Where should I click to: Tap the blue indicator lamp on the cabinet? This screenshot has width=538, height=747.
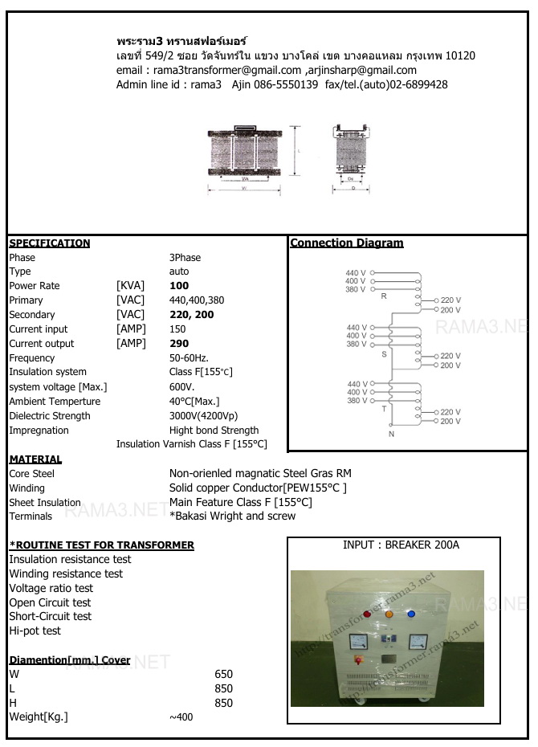pos(410,614)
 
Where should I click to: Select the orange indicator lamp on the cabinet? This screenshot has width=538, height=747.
pos(389,614)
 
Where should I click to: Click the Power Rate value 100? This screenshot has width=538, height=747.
pos(179,286)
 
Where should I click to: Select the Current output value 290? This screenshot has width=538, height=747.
pos(179,344)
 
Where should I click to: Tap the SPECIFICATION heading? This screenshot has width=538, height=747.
pos(50,243)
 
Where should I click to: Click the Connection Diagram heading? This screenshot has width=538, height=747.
pos(347,243)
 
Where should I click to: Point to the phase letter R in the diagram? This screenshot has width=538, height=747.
pos(384,296)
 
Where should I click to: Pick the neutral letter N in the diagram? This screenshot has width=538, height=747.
pos(391,435)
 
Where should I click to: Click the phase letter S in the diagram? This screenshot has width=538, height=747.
pos(384,353)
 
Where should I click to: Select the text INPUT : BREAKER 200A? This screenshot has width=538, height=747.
pos(401,545)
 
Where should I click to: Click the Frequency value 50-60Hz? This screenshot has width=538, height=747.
pos(189,357)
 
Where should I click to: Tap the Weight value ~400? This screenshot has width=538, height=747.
pos(181,717)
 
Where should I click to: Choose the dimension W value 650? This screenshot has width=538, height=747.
pos(224,674)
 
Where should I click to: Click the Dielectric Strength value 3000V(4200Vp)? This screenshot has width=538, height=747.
pos(203,416)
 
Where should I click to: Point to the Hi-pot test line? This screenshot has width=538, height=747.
pos(35,631)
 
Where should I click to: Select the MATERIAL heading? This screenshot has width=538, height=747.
pos(35,459)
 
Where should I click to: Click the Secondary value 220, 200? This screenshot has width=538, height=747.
pos(192,315)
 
